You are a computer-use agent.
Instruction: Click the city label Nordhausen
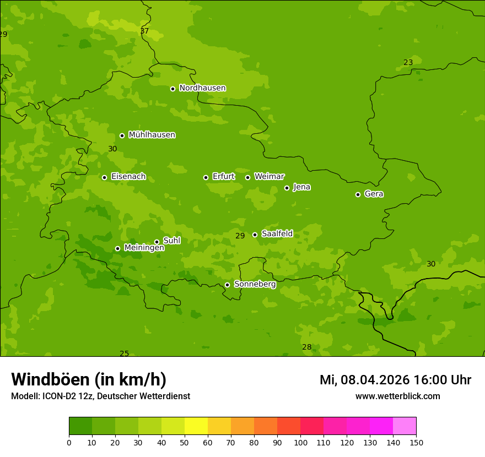(202, 88)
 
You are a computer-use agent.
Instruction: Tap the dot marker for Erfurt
(206, 177)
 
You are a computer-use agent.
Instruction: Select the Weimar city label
(269, 177)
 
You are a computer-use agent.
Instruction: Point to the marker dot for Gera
(358, 194)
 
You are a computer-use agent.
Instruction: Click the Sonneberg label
(255, 284)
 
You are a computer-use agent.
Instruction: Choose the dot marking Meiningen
(117, 248)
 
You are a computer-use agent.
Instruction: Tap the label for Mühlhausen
(152, 135)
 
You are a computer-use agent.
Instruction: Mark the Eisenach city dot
(104, 177)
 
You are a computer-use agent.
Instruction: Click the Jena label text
(301, 187)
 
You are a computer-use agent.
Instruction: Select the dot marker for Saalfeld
(255, 235)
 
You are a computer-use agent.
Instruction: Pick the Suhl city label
(171, 241)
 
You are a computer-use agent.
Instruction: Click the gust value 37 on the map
(144, 31)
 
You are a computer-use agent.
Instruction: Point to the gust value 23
(408, 63)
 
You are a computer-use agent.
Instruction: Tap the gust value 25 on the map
(124, 353)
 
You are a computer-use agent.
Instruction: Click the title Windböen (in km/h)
(89, 380)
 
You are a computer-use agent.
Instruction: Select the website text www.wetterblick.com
(397, 396)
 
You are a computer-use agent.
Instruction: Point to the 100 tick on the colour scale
(300, 442)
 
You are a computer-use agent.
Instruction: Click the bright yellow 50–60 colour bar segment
(196, 426)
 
